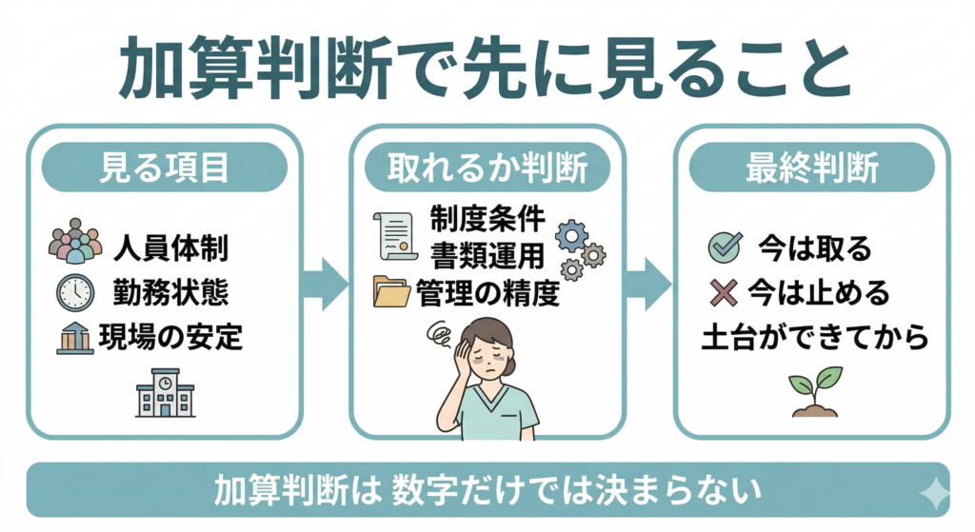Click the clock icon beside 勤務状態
[x=75, y=291]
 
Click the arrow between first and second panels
[x=324, y=284]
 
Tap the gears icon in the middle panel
[x=579, y=248]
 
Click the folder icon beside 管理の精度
[x=392, y=292]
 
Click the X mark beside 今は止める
[x=724, y=293]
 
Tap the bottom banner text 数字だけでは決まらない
[x=578, y=492]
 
